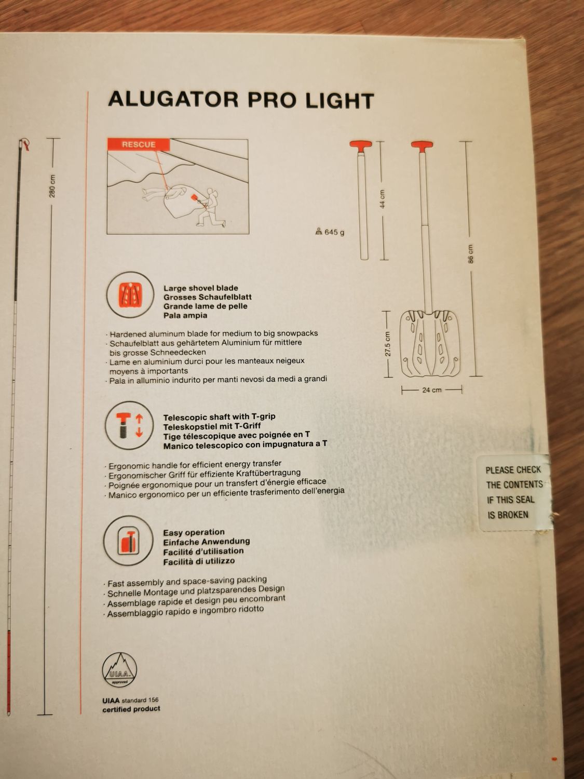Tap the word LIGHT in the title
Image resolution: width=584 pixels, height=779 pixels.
[x=339, y=101]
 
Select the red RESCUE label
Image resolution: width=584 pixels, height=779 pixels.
[x=139, y=144]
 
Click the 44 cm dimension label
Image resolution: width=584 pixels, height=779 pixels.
[x=382, y=199]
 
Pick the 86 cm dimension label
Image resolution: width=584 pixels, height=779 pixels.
[x=470, y=254]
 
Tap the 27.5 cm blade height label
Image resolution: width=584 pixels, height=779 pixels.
[x=388, y=344]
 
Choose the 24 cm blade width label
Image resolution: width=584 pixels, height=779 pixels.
[x=432, y=390]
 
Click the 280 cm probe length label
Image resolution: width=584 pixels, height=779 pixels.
[x=52, y=186]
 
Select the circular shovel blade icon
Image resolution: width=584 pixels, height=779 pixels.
[x=130, y=294]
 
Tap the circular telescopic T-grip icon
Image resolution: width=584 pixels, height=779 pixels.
[x=129, y=425]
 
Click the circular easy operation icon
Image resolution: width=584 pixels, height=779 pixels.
[x=128, y=541]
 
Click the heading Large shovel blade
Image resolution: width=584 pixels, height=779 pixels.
[x=201, y=288]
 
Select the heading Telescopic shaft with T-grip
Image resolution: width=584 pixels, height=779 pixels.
[x=219, y=417]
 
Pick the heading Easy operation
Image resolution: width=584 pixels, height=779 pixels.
[x=194, y=532]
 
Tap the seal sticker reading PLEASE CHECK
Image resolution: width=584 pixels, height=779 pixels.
[x=514, y=493]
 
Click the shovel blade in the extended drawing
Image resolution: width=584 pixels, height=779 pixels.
[x=430, y=344]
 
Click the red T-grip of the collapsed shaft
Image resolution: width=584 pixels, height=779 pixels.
[x=361, y=145]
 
